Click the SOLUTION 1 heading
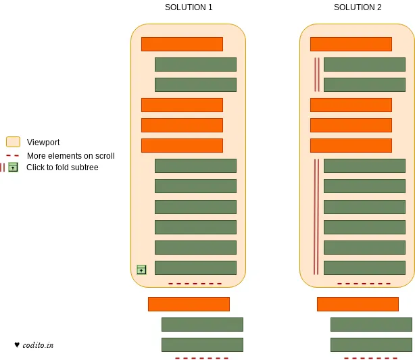coord(189,7)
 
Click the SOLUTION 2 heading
coord(358,7)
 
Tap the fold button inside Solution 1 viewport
coord(141,269)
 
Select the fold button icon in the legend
coord(13,168)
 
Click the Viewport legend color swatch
coord(13,142)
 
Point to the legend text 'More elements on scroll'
coord(71,156)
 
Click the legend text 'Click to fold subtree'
coord(62,168)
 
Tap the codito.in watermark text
coord(38,345)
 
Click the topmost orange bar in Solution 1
coord(182,44)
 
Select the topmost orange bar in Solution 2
coord(351,44)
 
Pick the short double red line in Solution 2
coord(316,74)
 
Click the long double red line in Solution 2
coord(316,216)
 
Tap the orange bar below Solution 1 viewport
coord(189,304)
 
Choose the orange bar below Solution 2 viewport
coord(358,304)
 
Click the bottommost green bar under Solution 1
coord(202,344)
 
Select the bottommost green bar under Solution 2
coord(371,344)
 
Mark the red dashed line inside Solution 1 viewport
coord(195,284)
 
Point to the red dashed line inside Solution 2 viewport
coord(364,284)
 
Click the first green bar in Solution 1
coord(195,64)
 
